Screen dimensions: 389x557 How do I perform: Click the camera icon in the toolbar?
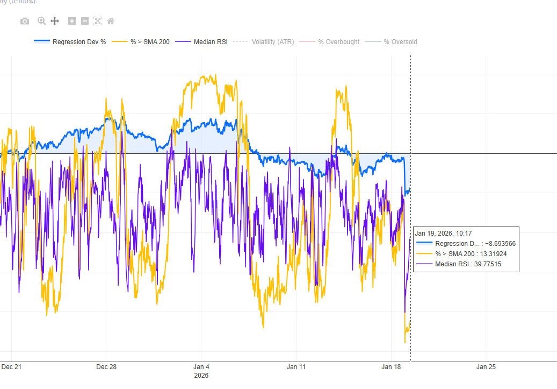25,21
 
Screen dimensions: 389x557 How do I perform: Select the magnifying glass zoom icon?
41,21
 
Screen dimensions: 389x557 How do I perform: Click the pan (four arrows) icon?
55,21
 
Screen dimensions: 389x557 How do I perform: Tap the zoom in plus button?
72,21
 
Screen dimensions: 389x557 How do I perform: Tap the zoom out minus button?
85,21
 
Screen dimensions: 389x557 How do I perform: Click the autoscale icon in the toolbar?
98,21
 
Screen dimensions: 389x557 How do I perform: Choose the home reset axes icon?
111,21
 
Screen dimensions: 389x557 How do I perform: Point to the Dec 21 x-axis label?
11,367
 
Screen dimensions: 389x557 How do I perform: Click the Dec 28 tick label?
106,367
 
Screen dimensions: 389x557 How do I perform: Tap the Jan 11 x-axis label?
296,367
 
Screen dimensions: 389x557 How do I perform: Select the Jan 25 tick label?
486,367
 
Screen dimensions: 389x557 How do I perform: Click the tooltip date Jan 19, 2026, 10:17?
443,233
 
